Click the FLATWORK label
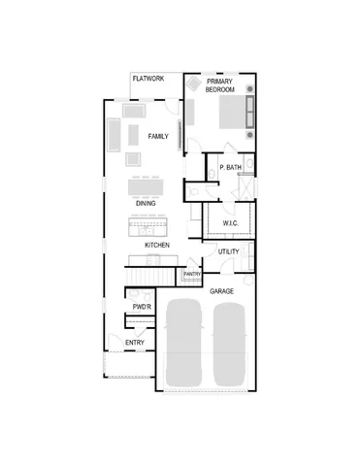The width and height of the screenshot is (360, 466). pos(148,79)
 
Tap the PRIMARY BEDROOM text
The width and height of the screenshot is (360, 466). pos(220,85)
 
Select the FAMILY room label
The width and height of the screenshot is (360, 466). pos(158,137)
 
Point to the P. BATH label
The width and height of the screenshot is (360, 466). pos(230,167)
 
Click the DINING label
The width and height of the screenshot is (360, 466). pos(146,203)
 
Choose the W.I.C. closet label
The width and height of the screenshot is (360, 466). pos(230,223)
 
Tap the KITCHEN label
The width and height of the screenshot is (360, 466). pos(157,246)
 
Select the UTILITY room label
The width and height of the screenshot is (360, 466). pos(228,252)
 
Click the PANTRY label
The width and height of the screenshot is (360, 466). pos(192,275)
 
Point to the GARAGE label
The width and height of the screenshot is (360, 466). pos(221,290)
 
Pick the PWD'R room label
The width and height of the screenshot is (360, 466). pos(142,308)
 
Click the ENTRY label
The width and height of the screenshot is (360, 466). pos(135,343)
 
